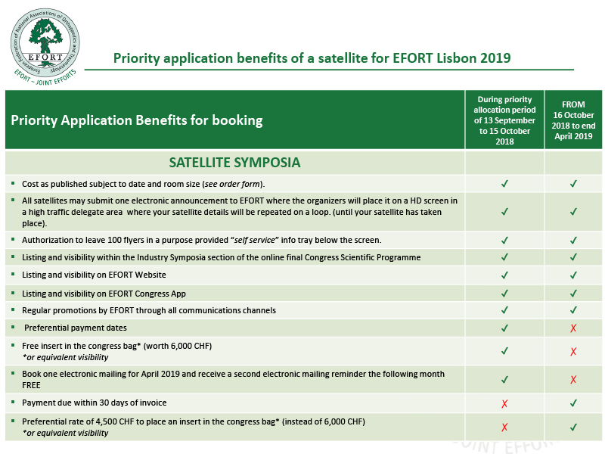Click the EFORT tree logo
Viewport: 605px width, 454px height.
click(45, 45)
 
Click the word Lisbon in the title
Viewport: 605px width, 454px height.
click(457, 58)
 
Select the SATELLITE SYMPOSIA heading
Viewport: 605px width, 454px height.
click(234, 163)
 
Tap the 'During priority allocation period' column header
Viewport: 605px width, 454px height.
click(504, 120)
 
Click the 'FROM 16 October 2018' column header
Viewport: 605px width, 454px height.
click(573, 120)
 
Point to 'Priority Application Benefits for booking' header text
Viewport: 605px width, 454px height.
click(137, 120)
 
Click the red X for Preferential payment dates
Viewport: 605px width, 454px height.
click(573, 328)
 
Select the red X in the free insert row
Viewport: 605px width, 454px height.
click(573, 351)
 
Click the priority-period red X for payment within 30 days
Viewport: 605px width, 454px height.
click(504, 404)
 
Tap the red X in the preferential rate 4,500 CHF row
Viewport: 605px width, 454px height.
click(504, 428)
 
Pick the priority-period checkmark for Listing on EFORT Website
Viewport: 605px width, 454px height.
click(504, 275)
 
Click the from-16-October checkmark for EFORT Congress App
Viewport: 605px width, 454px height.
click(574, 294)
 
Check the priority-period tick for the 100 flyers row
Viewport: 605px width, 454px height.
click(504, 241)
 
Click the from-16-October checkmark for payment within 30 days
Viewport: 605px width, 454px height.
click(574, 403)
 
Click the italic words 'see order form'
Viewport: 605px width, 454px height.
click(232, 184)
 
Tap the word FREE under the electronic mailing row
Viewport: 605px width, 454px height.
click(31, 385)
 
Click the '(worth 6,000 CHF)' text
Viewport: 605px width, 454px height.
click(178, 346)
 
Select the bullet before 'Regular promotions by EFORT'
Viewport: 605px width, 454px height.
click(13, 309)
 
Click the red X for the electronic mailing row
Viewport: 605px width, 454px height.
click(573, 380)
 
